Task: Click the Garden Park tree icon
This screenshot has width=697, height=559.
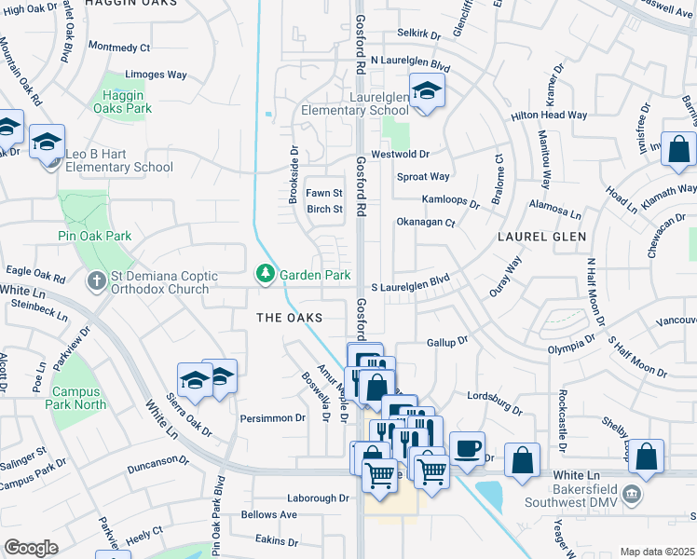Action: click(x=266, y=274)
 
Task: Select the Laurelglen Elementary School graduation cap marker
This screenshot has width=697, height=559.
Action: click(x=426, y=92)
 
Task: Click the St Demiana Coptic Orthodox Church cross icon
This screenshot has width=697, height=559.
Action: click(x=96, y=280)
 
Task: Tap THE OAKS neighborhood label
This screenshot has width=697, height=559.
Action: click(x=290, y=318)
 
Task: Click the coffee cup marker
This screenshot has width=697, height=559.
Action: click(x=467, y=449)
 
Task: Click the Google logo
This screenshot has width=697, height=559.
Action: click(x=32, y=548)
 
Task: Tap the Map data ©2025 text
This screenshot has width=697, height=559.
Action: click(x=656, y=552)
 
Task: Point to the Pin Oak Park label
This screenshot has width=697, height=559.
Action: click(x=94, y=236)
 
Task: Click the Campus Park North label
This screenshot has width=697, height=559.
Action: click(x=78, y=398)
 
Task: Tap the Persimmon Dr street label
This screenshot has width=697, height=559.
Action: click(x=273, y=418)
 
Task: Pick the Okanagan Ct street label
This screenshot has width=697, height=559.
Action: click(x=425, y=223)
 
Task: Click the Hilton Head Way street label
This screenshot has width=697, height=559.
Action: click(x=549, y=116)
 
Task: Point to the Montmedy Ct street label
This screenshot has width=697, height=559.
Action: click(x=119, y=47)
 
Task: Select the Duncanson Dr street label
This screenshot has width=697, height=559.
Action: click(x=159, y=460)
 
